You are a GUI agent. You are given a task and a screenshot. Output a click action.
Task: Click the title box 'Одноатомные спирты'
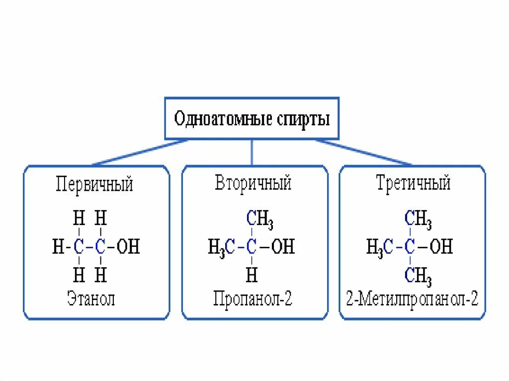(x=252, y=119)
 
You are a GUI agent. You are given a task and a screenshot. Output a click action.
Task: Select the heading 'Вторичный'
(x=253, y=183)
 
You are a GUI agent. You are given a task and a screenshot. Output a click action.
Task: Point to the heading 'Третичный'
(x=413, y=183)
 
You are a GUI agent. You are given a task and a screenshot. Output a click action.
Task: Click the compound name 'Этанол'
(x=91, y=299)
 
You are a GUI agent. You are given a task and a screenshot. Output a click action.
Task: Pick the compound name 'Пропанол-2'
(x=253, y=299)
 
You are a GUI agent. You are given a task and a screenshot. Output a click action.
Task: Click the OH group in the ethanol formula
(x=128, y=247)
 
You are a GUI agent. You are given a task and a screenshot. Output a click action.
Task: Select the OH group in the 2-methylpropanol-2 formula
(x=441, y=247)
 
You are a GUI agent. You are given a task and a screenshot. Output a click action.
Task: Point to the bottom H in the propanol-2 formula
(x=252, y=274)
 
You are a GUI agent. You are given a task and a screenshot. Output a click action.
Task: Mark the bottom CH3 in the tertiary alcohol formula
(x=418, y=275)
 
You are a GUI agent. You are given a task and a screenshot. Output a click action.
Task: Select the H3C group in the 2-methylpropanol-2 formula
(x=380, y=247)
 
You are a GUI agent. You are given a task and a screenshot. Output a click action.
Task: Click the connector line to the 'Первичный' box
(x=139, y=152)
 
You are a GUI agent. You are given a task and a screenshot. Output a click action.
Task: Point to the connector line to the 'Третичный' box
(x=363, y=152)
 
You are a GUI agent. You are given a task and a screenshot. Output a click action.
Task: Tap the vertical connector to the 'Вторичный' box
(x=252, y=152)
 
